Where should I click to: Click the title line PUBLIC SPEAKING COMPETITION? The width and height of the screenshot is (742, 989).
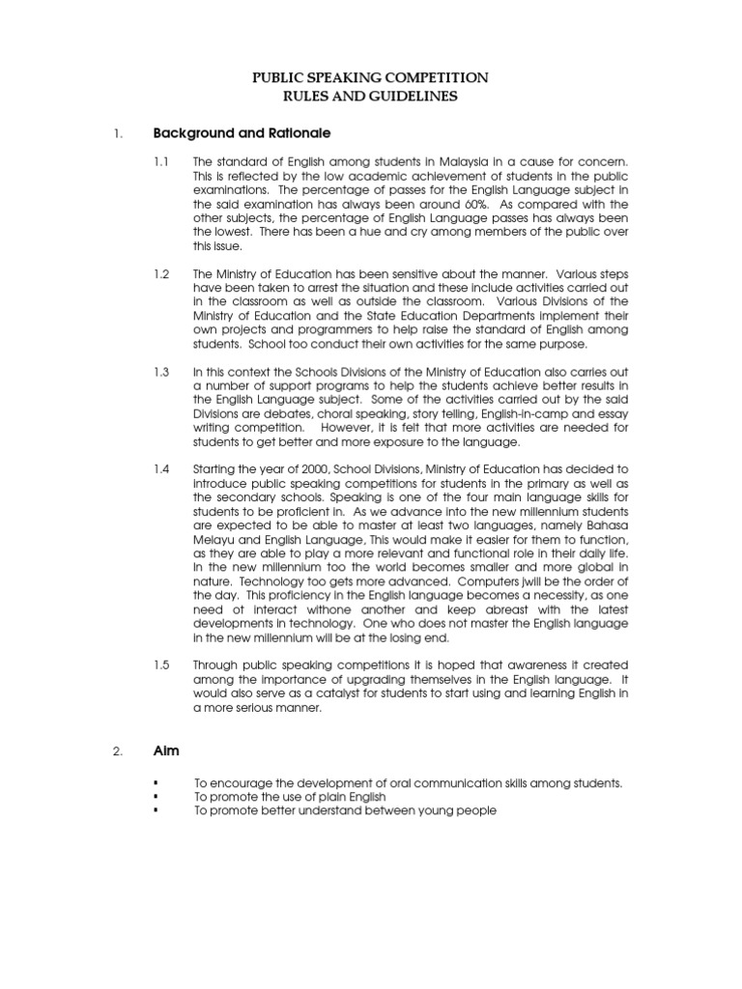tap(370, 77)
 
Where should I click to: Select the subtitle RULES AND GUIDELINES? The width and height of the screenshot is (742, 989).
tap(370, 97)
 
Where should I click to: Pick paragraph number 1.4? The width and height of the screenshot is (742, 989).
tap(161, 468)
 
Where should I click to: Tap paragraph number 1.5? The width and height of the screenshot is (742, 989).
tap(161, 665)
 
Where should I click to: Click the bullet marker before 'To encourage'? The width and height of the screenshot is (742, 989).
tap(155, 782)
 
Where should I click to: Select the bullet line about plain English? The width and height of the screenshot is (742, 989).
tap(290, 797)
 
